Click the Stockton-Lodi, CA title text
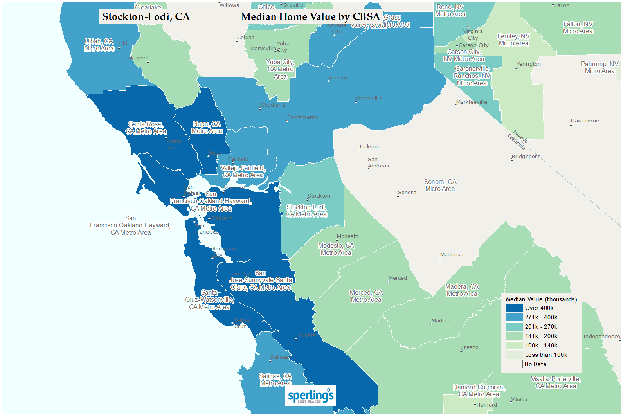[x=146, y=17]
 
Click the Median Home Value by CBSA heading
[x=310, y=17]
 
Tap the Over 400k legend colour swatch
[x=514, y=308]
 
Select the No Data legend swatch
[x=514, y=364]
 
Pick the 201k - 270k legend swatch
[x=514, y=327]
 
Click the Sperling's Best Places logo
[x=310, y=396]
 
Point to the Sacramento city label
[x=302, y=117]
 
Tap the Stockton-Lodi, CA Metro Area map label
[x=306, y=211]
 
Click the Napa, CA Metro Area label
[x=207, y=128]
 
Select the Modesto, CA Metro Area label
[x=336, y=249]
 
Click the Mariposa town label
[x=452, y=255]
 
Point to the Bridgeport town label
[x=526, y=157]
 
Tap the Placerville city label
[x=369, y=99]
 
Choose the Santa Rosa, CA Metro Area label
[x=146, y=128]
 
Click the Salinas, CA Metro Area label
[x=275, y=380]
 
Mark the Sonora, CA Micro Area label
[x=440, y=185]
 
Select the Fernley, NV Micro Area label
[x=513, y=40]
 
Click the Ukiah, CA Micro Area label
[x=99, y=45]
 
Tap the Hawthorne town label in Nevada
[x=585, y=121]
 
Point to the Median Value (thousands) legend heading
[x=541, y=299]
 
